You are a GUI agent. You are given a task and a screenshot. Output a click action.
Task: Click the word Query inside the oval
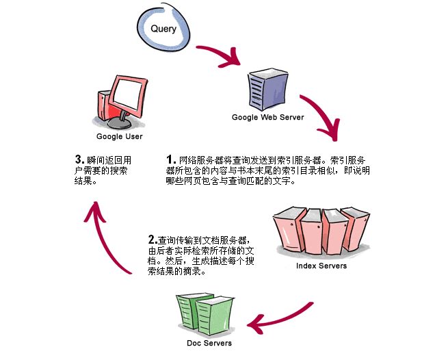(163, 29)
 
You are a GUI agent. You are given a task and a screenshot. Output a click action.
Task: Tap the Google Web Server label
(267, 117)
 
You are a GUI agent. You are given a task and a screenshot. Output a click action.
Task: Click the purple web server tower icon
(266, 89)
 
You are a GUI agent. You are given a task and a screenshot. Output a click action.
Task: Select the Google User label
(119, 136)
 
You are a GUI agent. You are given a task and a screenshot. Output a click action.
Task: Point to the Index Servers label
(321, 266)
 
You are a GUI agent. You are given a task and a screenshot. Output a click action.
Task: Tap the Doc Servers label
(209, 343)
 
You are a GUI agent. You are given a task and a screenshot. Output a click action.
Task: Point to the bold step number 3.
(79, 160)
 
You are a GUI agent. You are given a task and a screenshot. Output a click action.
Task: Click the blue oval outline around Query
(137, 31)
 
